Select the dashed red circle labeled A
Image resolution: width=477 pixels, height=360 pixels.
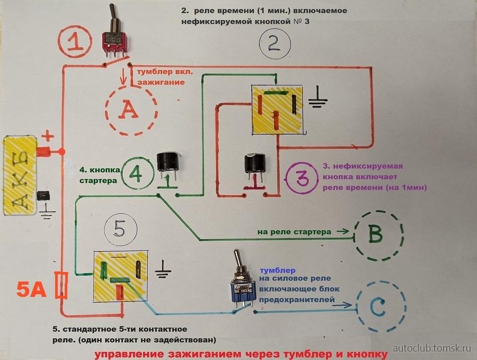[x=130, y=110]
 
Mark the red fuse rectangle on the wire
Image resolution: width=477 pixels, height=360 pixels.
[x=62, y=286]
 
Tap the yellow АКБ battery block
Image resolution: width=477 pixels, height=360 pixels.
[x=20, y=177]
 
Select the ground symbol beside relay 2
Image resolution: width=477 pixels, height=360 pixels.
[x=319, y=98]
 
